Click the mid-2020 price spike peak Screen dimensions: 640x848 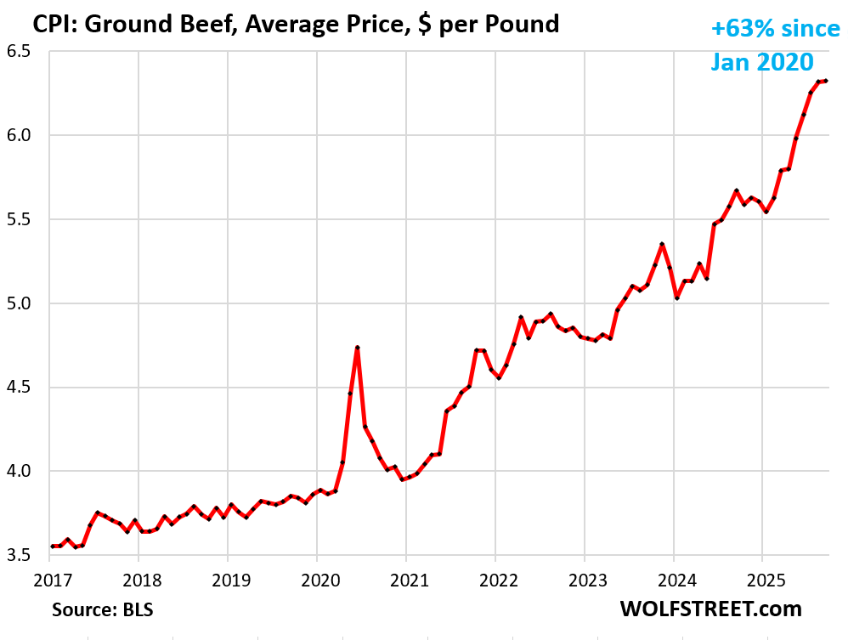point(358,348)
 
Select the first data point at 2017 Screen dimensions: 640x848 point(52,546)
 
